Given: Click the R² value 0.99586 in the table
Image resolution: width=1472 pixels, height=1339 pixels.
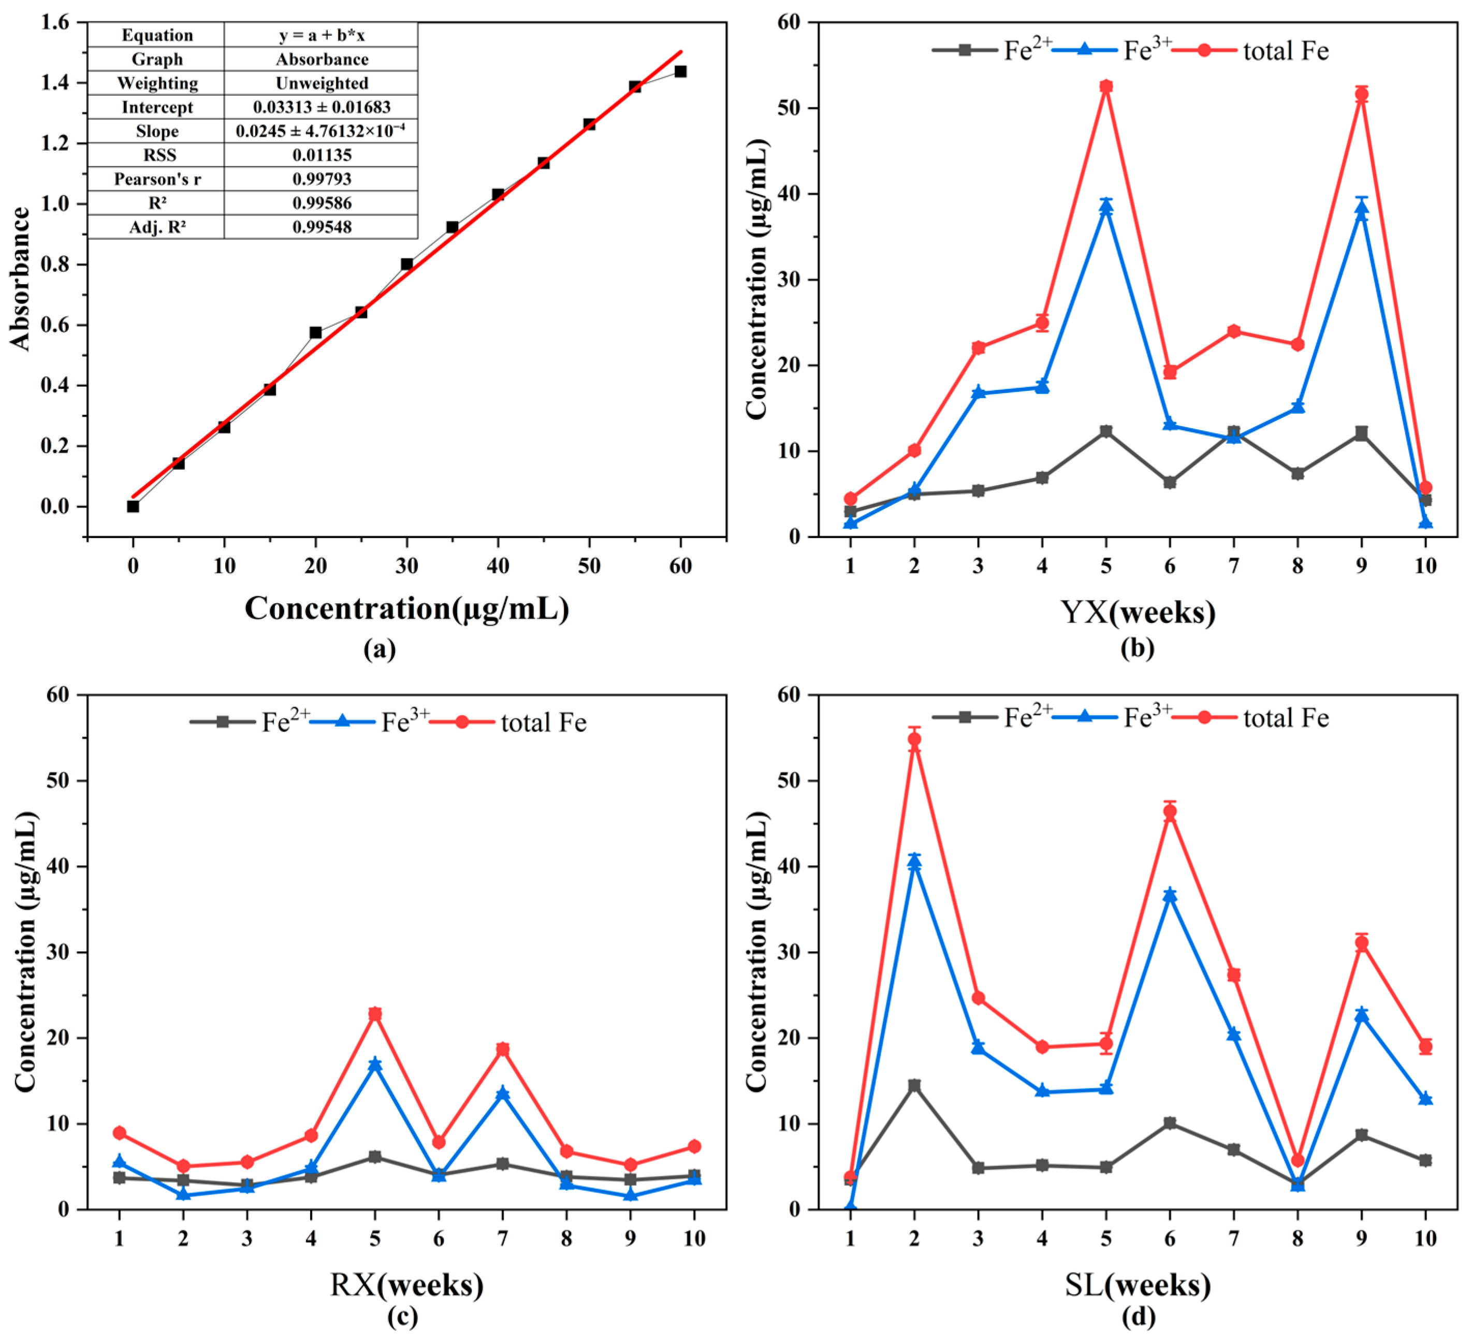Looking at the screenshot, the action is coord(322,203).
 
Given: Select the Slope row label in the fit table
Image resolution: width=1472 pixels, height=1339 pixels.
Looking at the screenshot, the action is coord(157,132).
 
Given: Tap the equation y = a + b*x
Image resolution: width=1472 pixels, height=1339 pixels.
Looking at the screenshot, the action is coord(322,35).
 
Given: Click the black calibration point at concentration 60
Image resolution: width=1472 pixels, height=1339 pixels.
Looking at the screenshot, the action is coord(680,71).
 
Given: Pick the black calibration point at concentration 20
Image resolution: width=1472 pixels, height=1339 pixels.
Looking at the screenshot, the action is coord(315,332).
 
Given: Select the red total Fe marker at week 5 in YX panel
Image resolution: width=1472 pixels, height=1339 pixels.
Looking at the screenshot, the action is coord(1106,86).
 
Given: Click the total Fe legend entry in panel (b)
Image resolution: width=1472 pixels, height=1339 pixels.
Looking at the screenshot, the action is coord(1251,50).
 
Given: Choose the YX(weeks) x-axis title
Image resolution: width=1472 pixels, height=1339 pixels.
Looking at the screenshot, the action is coord(1138,612).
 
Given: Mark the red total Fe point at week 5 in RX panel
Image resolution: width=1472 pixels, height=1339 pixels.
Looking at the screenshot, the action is coord(374,1014).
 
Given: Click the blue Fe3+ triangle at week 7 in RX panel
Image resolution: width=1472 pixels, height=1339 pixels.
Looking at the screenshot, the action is coord(502,1093).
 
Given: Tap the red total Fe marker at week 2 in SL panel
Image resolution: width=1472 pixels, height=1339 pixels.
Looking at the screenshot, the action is coord(914,739).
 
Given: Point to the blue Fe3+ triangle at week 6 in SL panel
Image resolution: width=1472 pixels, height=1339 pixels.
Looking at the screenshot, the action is coord(1170,894).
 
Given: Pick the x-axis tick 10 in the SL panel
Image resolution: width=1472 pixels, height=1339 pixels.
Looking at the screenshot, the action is coord(1425,1238).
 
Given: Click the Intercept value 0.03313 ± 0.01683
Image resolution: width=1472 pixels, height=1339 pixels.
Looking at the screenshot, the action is coord(322,107).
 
